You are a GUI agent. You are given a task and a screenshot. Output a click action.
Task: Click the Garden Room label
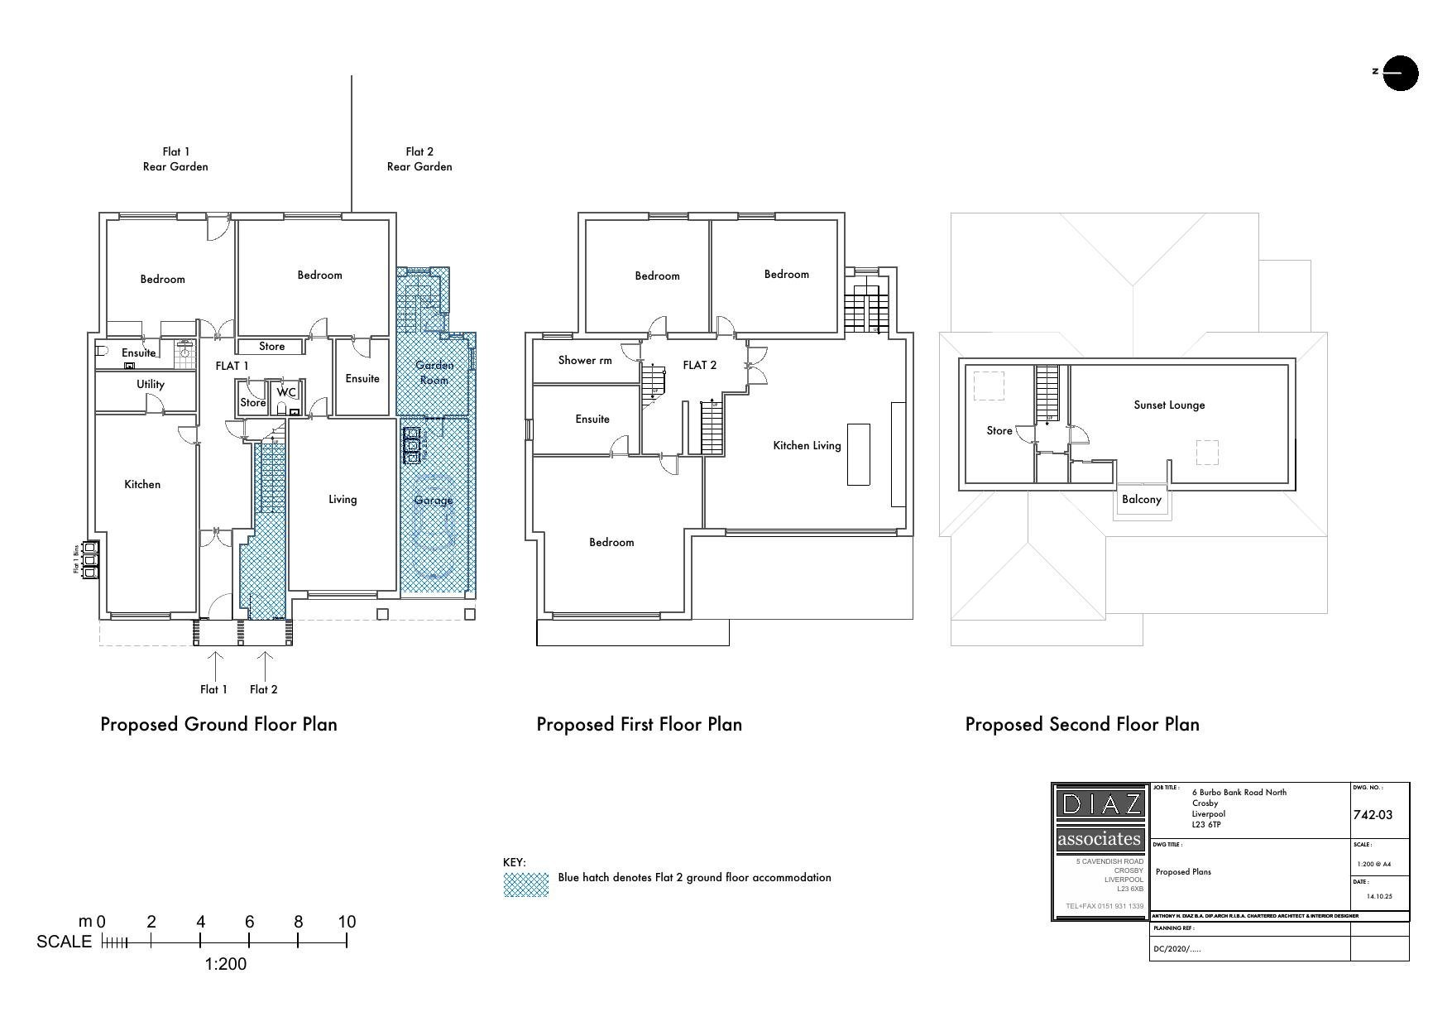coord(434,372)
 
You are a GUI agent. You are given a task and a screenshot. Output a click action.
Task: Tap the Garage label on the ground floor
coord(434,500)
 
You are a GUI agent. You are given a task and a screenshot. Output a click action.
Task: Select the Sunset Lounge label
coord(1169,405)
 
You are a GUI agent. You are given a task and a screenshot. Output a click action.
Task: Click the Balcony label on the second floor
coord(1142,499)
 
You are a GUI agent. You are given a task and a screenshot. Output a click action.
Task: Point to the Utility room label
coord(151,384)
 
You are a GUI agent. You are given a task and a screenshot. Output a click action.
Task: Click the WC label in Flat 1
coord(286,392)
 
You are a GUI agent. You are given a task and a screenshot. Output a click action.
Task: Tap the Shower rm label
coord(585,360)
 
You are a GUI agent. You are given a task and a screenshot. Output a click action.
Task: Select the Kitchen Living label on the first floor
coord(807,445)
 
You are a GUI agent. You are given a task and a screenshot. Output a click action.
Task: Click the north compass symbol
coord(1400,73)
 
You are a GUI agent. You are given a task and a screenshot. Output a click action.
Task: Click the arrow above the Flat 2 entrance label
coord(265,664)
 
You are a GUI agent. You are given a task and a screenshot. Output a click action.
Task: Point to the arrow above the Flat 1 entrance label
coord(215,664)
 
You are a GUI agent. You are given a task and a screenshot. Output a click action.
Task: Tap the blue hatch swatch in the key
coord(526,884)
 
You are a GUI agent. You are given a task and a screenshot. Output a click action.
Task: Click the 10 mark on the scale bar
coord(347,922)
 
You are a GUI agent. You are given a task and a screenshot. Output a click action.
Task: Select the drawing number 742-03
coord(1373,815)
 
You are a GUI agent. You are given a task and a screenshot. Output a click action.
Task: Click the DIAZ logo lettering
coord(1100,803)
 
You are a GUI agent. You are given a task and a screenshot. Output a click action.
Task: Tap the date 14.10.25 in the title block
coord(1379,896)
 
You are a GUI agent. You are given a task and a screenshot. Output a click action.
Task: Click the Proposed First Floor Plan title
coord(639,725)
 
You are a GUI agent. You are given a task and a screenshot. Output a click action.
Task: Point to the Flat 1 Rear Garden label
coord(175,159)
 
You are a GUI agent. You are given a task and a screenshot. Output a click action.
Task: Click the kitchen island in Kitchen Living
coord(858,454)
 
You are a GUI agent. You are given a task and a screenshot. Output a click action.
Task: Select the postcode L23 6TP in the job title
coord(1206,825)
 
